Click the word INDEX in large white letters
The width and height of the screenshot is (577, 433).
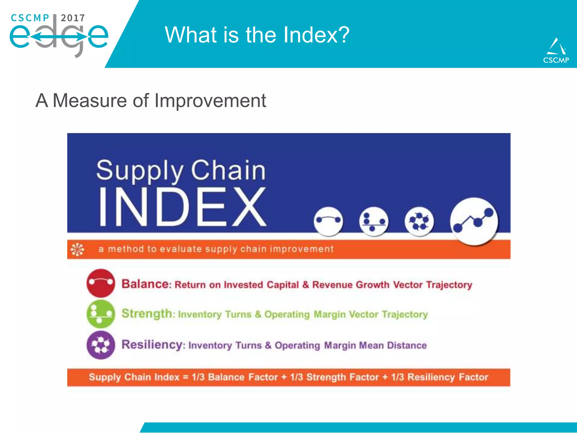(x=182, y=207)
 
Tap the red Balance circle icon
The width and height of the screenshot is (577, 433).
(x=101, y=283)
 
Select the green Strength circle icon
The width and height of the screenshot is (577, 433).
(x=101, y=314)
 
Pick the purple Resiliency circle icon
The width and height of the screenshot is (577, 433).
(x=101, y=345)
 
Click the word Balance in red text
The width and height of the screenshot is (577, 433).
(x=145, y=284)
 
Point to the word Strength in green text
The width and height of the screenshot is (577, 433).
(x=147, y=313)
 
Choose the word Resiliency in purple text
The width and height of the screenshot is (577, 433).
(x=152, y=344)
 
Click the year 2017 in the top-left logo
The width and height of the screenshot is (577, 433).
(x=73, y=18)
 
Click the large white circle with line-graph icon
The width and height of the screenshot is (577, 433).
(x=474, y=221)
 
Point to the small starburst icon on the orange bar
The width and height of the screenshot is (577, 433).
(x=77, y=249)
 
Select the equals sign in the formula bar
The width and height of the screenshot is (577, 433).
(x=186, y=377)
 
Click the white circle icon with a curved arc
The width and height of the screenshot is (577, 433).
(x=328, y=221)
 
